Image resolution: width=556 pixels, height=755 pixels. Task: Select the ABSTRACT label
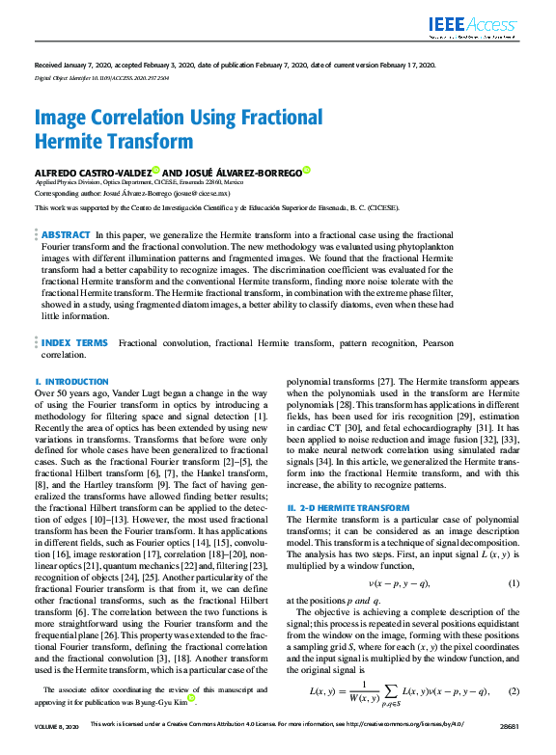[66, 234]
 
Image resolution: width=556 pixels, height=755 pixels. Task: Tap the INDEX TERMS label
[74, 342]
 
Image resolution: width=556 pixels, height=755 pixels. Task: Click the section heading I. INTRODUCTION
[71, 383]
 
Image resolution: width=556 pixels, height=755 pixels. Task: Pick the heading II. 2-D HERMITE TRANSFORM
[348, 506]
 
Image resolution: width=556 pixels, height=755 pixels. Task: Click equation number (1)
[514, 582]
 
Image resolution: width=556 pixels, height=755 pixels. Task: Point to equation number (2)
[514, 690]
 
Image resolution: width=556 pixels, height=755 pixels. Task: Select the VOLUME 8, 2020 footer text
[56, 749]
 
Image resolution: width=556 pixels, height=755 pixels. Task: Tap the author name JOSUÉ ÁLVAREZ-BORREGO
[239, 171]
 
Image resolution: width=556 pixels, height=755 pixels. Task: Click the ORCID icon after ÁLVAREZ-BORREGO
[306, 170]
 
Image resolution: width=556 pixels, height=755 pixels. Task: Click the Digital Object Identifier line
[95, 74]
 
